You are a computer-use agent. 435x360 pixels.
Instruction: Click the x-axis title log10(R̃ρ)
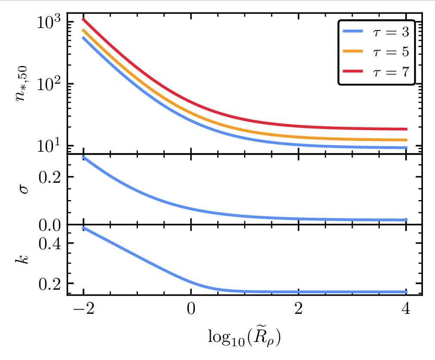(244, 336)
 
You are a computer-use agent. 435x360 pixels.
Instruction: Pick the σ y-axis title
(24, 190)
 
